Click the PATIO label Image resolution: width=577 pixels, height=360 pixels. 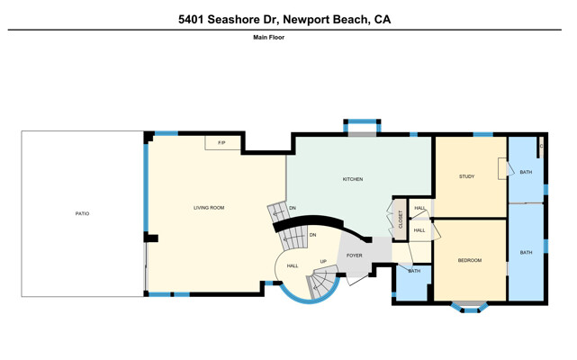[82, 213]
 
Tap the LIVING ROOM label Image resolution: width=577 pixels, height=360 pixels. [209, 208]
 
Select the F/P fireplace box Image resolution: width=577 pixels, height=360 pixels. [222, 143]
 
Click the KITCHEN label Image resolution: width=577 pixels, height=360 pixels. [353, 179]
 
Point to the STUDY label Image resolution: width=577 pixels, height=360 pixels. [466, 176]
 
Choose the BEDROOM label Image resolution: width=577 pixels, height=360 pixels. [470, 260]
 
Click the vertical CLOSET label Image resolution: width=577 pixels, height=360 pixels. [401, 220]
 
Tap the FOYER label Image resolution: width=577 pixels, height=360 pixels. [354, 256]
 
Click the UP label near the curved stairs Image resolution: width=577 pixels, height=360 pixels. [323, 262]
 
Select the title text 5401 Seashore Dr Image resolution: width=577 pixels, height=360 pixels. [228, 19]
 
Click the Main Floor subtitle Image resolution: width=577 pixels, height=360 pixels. [268, 37]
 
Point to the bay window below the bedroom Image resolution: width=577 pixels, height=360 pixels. [470, 308]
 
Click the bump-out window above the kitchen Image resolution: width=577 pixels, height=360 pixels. [362, 125]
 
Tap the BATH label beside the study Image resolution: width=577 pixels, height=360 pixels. [526, 172]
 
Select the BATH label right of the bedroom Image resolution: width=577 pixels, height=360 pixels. [526, 253]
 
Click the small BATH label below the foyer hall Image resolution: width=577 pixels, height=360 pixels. [414, 271]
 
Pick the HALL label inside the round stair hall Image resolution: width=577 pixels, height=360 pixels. [293, 265]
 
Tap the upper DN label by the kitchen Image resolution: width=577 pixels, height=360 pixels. [293, 208]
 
